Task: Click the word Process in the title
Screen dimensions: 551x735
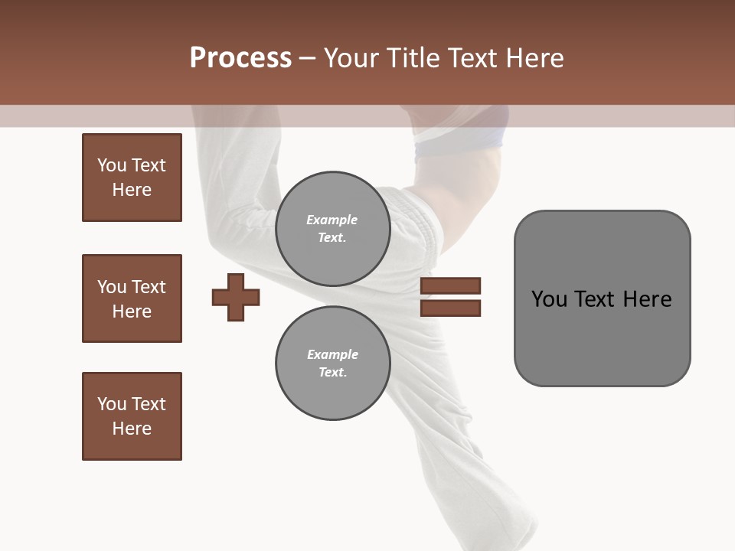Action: [x=240, y=58]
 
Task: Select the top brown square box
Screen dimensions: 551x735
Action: [x=132, y=178]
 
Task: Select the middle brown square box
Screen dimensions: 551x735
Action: [x=132, y=298]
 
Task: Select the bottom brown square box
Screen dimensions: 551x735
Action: [x=132, y=416]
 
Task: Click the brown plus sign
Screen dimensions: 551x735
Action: [x=236, y=297]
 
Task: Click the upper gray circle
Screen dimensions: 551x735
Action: [x=333, y=229]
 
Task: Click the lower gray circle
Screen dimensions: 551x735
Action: [x=333, y=364]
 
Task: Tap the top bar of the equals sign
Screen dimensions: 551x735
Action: [x=450, y=285]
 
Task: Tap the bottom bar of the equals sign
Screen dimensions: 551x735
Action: [x=450, y=308]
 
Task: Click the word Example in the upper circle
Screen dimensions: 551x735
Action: [x=332, y=220]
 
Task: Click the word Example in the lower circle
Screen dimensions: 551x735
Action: [x=332, y=355]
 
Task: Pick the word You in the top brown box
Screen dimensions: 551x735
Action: [x=112, y=165]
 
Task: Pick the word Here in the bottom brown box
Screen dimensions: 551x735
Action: [x=132, y=429]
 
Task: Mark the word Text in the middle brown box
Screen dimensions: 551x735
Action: [x=149, y=287]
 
